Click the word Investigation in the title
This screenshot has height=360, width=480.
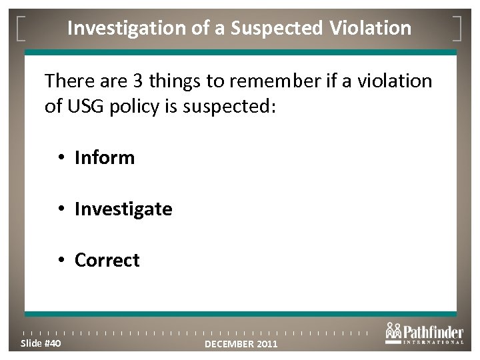121,28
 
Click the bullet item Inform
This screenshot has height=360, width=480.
105,158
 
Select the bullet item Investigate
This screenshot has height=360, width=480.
123,209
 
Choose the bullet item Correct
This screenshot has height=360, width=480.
107,260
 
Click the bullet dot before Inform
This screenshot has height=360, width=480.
61,159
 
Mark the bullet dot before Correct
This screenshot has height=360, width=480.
61,261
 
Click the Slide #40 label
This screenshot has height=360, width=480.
40,343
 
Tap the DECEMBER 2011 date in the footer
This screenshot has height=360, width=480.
240,344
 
